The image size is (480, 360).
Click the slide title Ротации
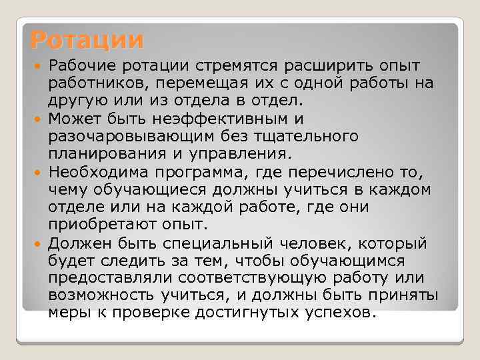87,40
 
